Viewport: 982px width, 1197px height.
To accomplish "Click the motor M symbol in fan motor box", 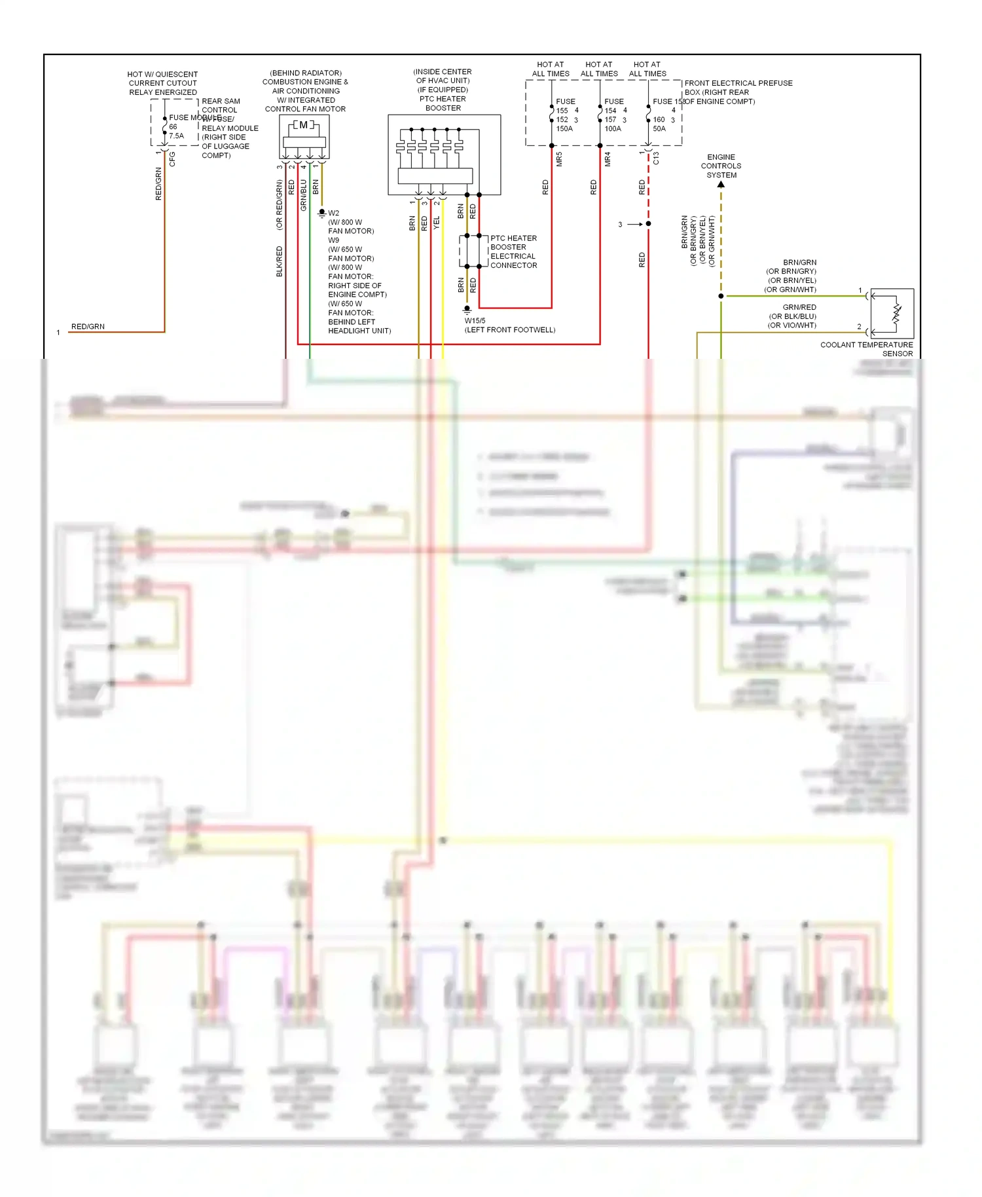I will coord(303,125).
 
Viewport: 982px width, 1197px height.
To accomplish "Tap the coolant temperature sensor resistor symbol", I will coord(896,314).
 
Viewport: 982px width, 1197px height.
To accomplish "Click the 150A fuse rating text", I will coord(564,129).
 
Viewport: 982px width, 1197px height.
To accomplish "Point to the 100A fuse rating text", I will coord(613,129).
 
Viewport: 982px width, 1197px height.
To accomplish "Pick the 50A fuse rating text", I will coord(659,129).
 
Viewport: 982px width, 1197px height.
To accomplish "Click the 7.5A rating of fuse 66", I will coord(177,136).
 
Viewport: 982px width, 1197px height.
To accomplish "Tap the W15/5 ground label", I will coord(475,321).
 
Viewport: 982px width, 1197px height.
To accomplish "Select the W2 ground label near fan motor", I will coord(334,213).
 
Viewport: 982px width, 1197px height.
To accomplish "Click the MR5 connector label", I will coord(559,159).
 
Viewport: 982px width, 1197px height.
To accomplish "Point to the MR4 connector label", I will coord(608,159).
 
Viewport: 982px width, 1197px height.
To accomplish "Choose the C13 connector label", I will coord(656,158).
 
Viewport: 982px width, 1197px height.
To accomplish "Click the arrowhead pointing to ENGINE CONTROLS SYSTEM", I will coord(721,185).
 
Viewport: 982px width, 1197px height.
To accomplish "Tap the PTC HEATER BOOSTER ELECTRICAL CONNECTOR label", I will coord(513,252).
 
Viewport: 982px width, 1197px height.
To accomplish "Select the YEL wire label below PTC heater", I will coord(437,223).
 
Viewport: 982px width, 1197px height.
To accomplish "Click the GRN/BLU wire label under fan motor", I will coord(303,195).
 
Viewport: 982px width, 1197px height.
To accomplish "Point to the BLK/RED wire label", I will coord(280,261).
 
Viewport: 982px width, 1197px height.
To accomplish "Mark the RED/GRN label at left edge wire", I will coord(88,327).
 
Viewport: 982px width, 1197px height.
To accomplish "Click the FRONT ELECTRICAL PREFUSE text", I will coord(738,83).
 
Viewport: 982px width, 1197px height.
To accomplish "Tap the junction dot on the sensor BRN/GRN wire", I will coord(721,296).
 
